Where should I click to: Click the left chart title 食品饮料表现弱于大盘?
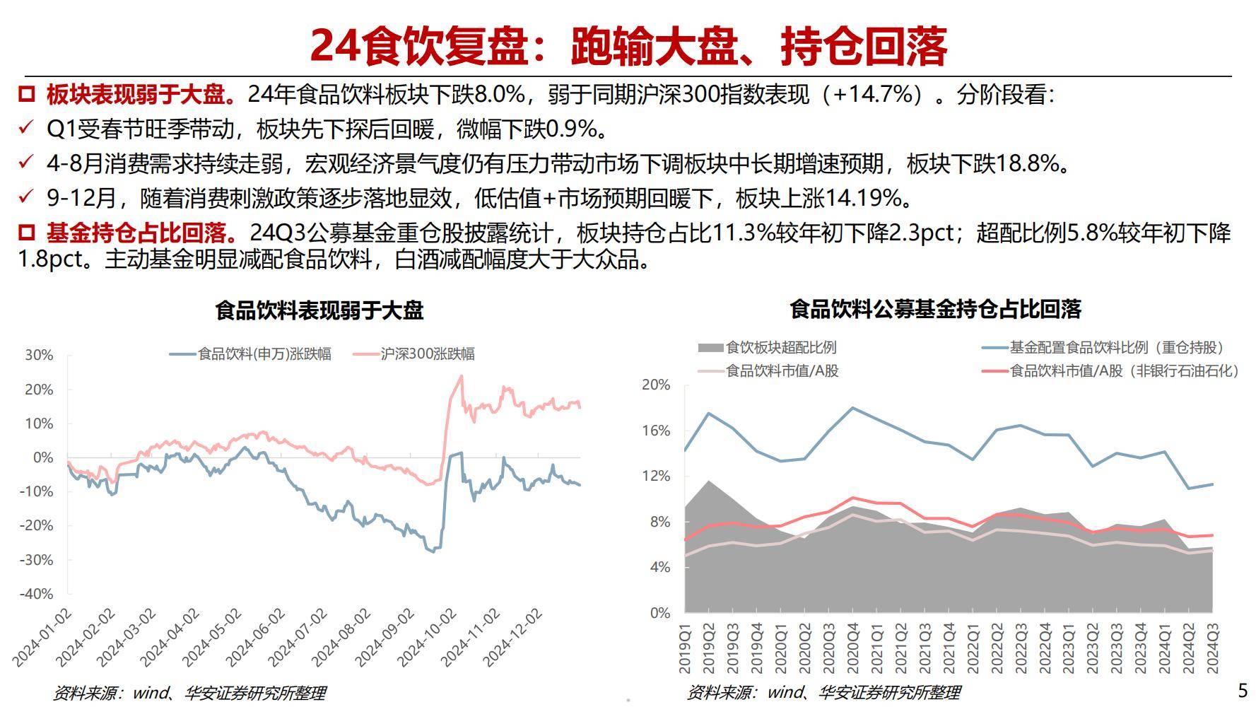[319, 311]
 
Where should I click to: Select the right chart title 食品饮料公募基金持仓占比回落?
[935, 309]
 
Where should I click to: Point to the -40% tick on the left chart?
[39, 594]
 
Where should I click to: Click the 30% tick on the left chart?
[39, 355]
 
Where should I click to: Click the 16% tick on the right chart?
[656, 431]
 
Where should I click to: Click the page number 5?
[1243, 690]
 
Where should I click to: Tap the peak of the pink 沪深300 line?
[462, 375]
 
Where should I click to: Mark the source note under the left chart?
[189, 692]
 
